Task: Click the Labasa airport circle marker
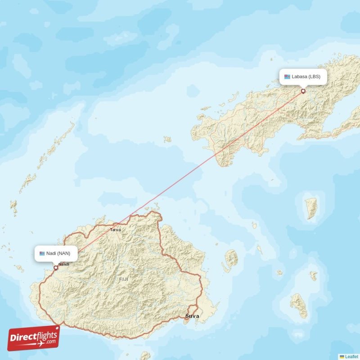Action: (303, 91)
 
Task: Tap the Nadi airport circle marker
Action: (56, 267)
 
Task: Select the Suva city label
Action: (192, 316)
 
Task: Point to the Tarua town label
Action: (116, 229)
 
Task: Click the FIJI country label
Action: (124, 279)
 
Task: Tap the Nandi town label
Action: (64, 264)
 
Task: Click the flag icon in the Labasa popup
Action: (287, 76)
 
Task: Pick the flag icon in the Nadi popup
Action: (42, 253)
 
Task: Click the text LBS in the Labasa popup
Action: (314, 76)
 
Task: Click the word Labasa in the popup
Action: (299, 76)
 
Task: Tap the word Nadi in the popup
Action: (51, 253)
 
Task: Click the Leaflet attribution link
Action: (351, 356)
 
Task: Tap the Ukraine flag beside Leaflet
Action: (342, 356)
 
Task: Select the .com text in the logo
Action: (51, 342)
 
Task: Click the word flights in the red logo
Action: (46, 333)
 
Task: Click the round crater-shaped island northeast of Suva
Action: (231, 259)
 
